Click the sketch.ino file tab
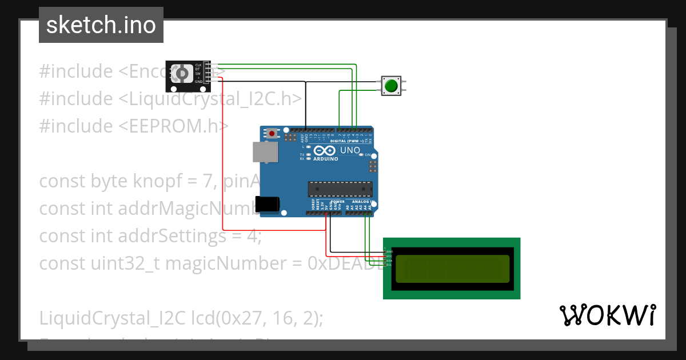(x=101, y=25)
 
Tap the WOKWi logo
(x=608, y=315)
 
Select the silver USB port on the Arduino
(x=265, y=153)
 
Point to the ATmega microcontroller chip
(x=340, y=189)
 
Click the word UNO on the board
(x=350, y=150)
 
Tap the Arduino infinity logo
(x=324, y=151)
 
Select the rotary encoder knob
(x=182, y=74)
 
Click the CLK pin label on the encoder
(x=198, y=65)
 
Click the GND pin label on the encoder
(x=198, y=82)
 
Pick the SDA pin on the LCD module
(x=389, y=261)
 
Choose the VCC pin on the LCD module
(x=389, y=256)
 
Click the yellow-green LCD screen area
(x=452, y=268)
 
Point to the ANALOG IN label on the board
(x=362, y=202)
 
